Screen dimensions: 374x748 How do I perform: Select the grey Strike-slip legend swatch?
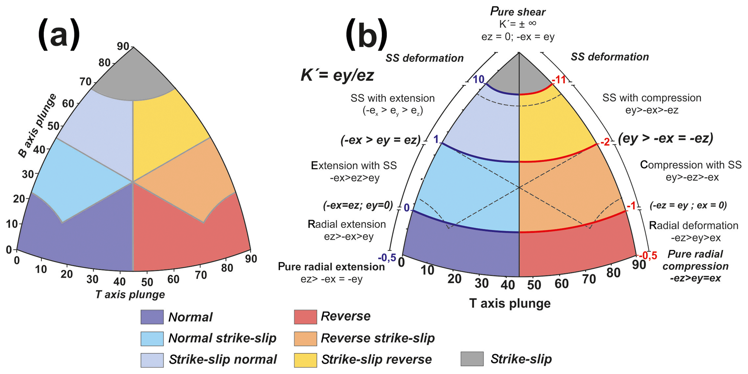click(472, 359)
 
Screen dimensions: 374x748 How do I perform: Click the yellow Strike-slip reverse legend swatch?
click(305, 360)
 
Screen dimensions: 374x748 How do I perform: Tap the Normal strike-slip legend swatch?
click(152, 339)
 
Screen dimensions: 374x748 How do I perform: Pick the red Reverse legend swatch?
click(305, 317)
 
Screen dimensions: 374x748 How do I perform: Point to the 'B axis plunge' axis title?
click(37, 126)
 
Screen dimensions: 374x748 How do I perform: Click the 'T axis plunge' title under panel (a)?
click(130, 294)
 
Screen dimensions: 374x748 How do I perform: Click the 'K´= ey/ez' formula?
click(337, 75)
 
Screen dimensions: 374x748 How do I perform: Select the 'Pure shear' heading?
click(518, 12)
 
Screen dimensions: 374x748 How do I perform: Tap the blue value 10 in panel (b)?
click(478, 79)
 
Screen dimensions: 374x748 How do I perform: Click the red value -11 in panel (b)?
click(559, 80)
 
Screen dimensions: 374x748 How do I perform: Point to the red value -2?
click(604, 142)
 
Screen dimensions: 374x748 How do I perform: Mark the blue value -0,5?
click(387, 258)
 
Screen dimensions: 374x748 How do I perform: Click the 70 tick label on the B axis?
click(86, 82)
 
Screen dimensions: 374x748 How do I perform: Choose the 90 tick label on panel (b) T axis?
click(639, 265)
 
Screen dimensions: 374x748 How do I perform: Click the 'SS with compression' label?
click(652, 98)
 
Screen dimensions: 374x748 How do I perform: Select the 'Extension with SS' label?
click(354, 166)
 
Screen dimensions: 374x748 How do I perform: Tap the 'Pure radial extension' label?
click(331, 267)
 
